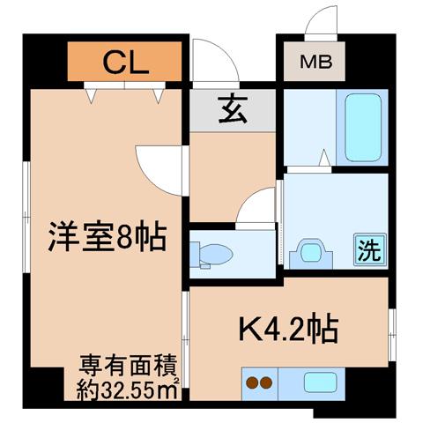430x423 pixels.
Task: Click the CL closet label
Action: coord(125,63)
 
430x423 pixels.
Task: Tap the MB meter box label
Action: coord(316,62)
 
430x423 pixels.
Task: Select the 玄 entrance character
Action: coord(233,108)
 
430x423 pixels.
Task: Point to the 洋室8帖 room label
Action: coord(107,236)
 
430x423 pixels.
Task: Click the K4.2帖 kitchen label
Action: coord(289,328)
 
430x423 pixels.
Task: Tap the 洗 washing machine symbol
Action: coord(370,250)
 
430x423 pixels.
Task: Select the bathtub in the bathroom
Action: coord(363,128)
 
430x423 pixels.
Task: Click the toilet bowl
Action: coord(213,254)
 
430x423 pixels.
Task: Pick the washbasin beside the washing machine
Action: coord(311,254)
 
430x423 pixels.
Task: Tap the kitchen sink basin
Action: coord(320,382)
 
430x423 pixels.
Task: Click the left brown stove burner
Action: coord(252,382)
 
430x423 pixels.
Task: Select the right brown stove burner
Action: coord(266,382)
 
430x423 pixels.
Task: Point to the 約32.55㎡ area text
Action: coord(128,390)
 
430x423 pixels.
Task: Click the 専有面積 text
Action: coord(129,366)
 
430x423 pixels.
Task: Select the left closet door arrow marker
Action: coord(92,96)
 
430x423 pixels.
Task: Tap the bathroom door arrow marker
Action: coord(324,158)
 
